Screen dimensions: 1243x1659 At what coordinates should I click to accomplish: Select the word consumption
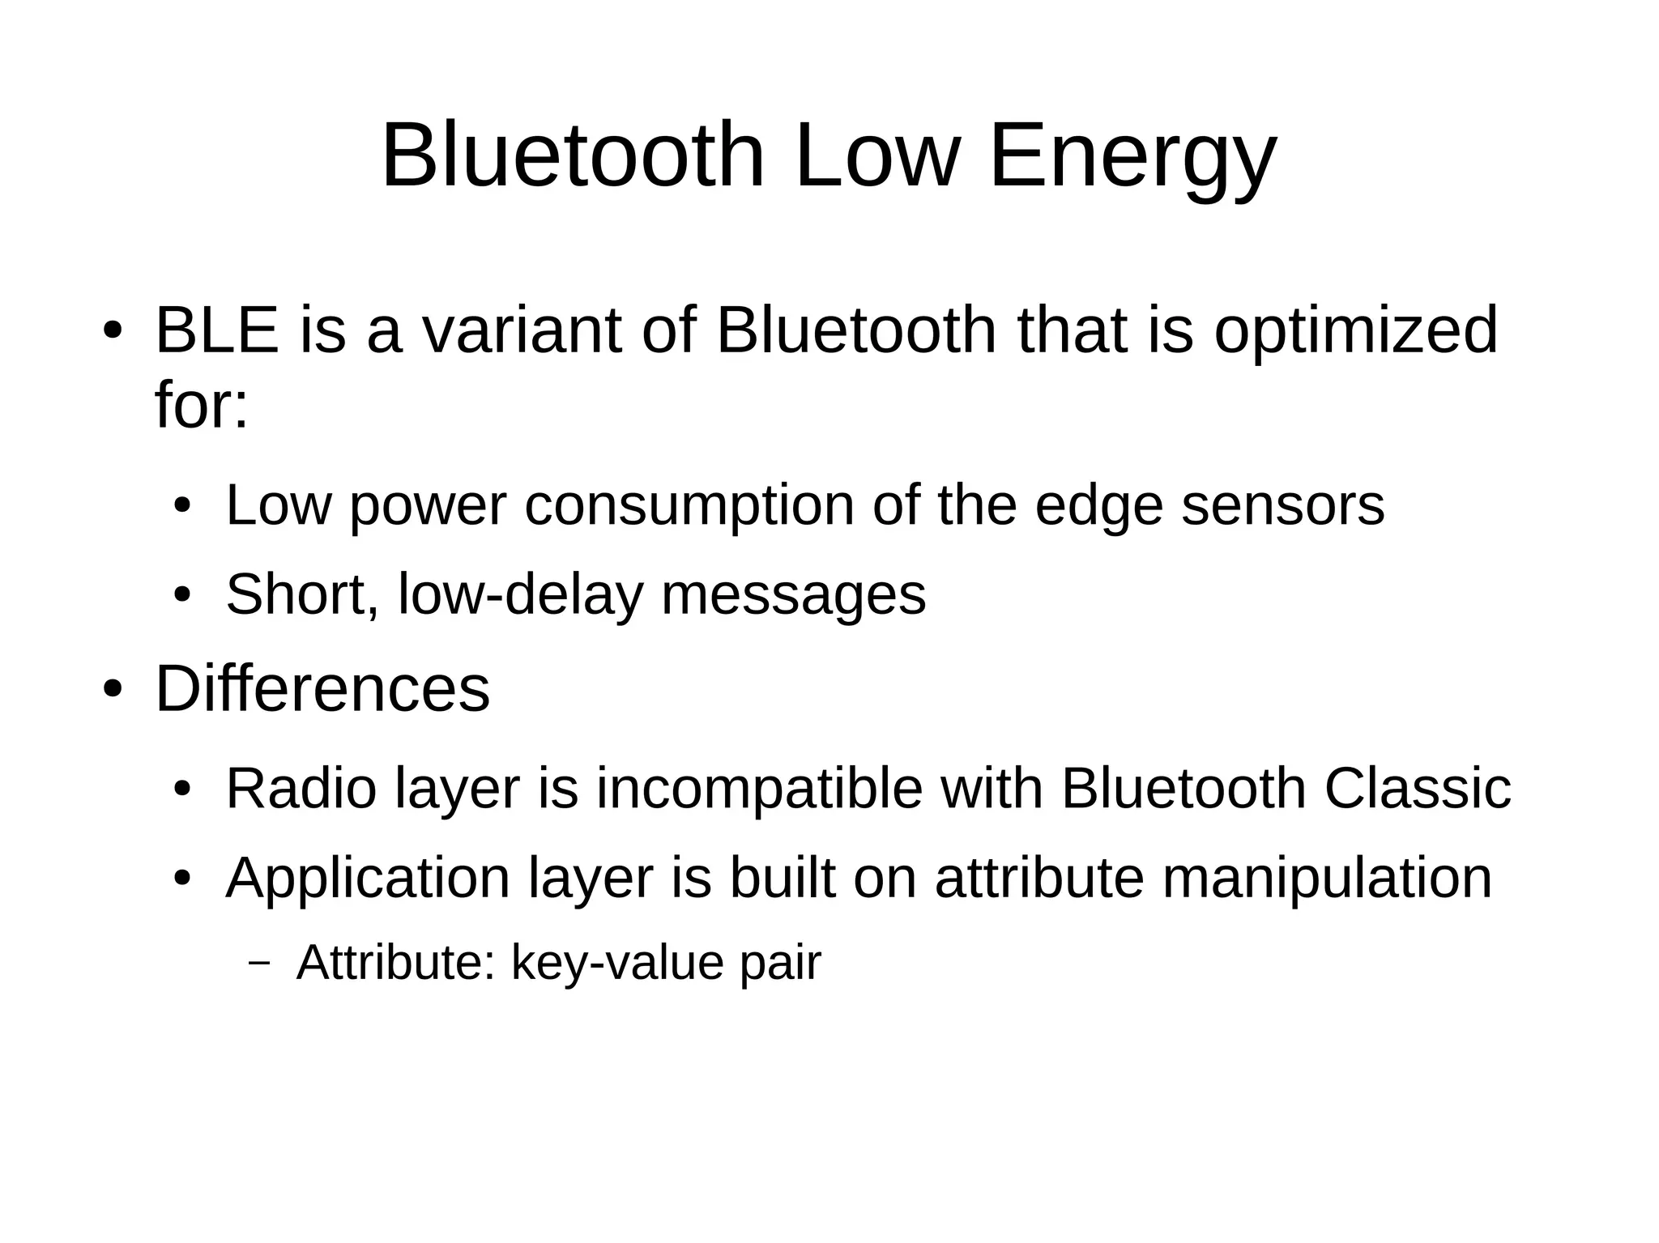coord(689,505)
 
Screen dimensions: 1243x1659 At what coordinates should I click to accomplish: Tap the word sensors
coord(1282,505)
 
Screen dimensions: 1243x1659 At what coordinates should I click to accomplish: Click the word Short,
coord(302,594)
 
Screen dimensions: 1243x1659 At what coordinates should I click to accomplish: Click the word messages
coord(793,594)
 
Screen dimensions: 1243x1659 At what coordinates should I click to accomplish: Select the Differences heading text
coord(322,689)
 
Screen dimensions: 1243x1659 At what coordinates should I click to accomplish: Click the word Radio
coord(301,789)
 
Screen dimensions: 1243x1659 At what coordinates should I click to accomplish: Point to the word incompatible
coord(759,789)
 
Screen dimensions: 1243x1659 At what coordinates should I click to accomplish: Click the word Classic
coord(1417,789)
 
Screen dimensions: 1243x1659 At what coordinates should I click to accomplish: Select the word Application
coord(367,878)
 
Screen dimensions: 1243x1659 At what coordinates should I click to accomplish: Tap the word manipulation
coord(1326,878)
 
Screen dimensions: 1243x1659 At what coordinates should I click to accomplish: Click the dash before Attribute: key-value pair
coord(259,964)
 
